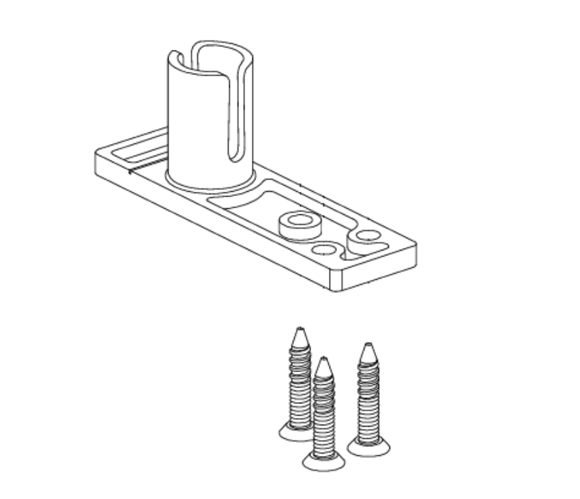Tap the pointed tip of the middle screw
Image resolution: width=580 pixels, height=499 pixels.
point(323,361)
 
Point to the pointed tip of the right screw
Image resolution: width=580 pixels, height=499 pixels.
point(368,347)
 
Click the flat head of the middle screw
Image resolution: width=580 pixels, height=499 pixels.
point(323,462)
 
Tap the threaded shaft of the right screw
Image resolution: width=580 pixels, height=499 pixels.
point(368,399)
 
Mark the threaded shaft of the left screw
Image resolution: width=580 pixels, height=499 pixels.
point(300,382)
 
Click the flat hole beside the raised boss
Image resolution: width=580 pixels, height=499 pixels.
point(323,250)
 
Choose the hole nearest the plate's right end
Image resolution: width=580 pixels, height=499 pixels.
point(368,236)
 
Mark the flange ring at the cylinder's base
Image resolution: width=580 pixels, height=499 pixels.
point(212,183)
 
